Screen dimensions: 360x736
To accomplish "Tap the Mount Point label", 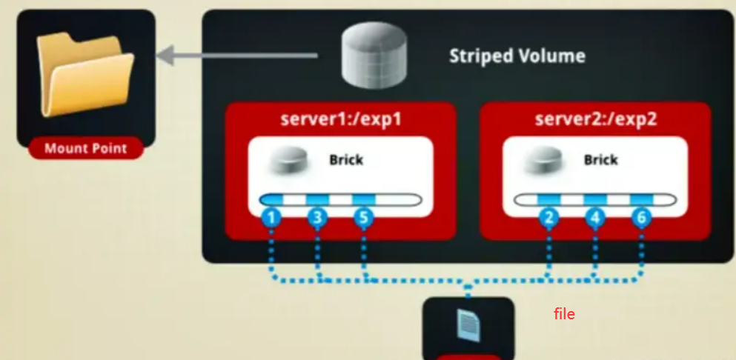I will click(85, 149).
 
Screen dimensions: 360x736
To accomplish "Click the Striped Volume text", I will click(517, 56).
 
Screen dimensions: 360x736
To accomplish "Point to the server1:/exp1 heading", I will click(341, 119).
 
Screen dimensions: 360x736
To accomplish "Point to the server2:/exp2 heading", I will click(595, 119).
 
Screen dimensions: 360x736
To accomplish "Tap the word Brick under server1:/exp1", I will click(346, 160).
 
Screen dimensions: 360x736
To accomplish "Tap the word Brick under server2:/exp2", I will click(600, 160).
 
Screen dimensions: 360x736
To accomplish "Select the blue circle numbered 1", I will click(272, 219).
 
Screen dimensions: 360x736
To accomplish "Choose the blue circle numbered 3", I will click(318, 219).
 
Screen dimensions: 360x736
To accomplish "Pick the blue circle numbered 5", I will click(363, 219).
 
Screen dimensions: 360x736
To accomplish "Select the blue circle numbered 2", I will click(549, 219).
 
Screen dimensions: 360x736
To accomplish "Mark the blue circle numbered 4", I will click(595, 219).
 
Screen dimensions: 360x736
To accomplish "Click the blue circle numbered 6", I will click(641, 219).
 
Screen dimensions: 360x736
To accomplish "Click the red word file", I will click(564, 314).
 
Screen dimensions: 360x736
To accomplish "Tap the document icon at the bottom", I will click(468, 324).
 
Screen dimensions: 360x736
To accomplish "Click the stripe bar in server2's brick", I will click(595, 200).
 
